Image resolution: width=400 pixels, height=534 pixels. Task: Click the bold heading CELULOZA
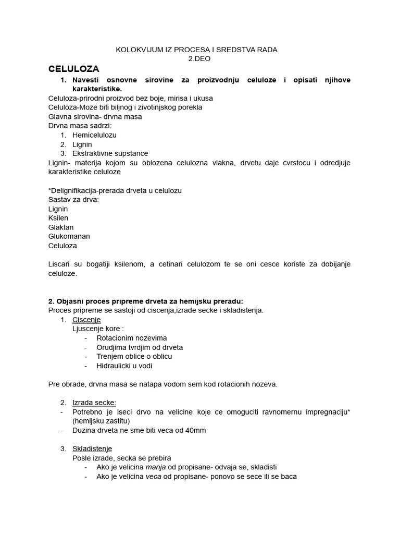coord(73,69)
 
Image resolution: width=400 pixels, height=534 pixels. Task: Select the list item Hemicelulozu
coord(94,135)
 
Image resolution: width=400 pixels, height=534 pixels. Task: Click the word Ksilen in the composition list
coord(58,218)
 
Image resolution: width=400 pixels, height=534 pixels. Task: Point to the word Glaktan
coord(60,227)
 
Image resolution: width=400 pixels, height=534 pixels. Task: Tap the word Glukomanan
coord(69,236)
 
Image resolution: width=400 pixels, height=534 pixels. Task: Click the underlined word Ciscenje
coord(86,320)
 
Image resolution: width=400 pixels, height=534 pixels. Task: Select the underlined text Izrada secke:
coord(94,403)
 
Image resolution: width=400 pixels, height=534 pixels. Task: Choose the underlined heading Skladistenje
coord(92,448)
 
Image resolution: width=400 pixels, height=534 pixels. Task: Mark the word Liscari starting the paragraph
coord(59,264)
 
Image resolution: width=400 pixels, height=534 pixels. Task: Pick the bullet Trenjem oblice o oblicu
coord(134,356)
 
